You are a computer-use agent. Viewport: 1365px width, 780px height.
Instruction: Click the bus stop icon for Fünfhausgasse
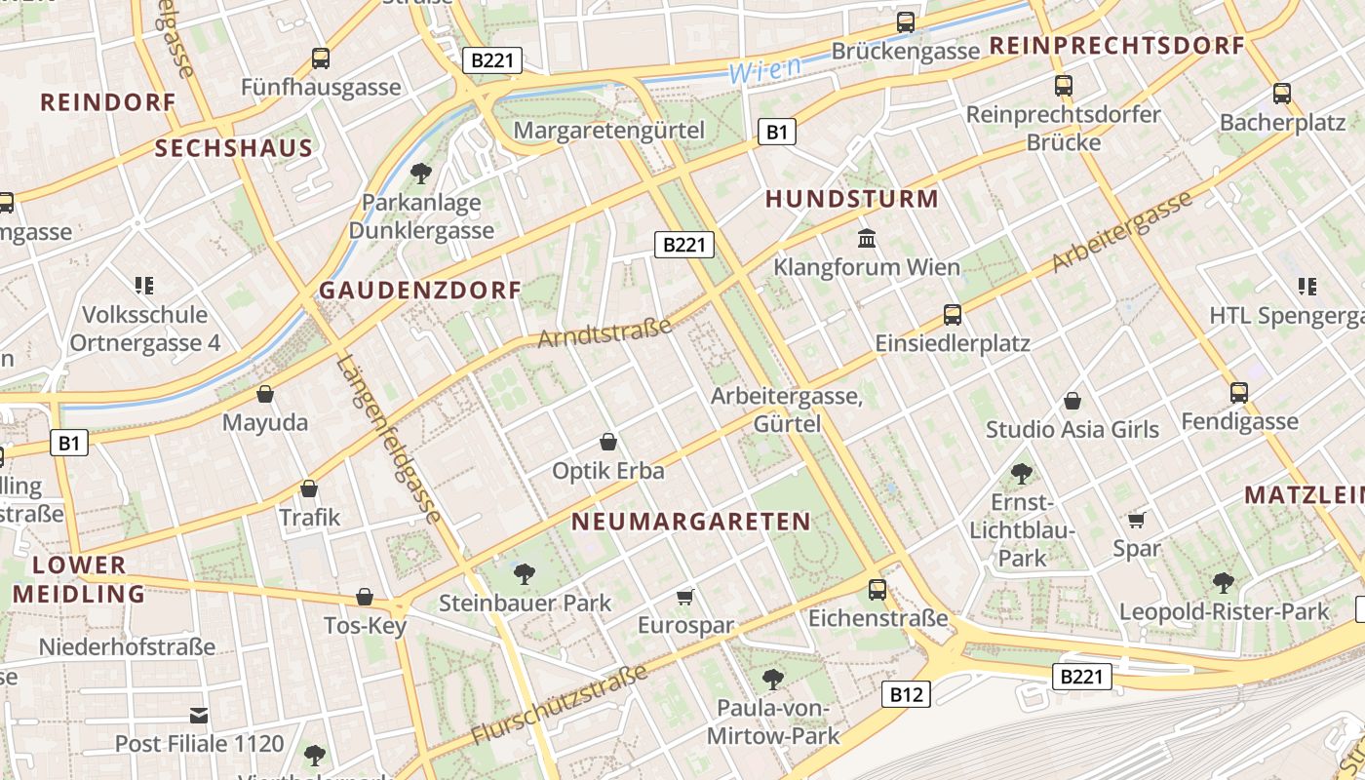(320, 58)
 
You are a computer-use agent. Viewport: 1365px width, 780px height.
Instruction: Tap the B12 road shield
(906, 694)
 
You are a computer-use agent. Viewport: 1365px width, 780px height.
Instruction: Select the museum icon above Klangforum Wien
(866, 238)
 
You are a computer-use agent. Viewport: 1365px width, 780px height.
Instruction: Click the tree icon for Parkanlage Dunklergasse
(421, 174)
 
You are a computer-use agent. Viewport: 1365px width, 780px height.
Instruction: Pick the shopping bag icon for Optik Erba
(608, 442)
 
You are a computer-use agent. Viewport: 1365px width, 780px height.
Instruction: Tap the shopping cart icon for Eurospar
(685, 596)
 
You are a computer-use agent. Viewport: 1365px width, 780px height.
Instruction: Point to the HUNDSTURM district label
(851, 199)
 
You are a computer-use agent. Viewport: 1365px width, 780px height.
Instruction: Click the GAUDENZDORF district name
(420, 290)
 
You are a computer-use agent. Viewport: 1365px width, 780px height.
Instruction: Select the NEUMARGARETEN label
(690, 521)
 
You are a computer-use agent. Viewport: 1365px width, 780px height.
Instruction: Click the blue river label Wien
(764, 68)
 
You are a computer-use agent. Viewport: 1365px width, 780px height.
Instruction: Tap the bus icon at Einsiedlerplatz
(953, 315)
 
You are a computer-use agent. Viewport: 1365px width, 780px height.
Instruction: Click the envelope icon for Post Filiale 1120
(199, 716)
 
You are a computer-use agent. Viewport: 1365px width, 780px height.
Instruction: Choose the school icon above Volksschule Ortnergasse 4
(144, 286)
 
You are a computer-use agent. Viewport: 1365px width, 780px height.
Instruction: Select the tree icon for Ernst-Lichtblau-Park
(1021, 474)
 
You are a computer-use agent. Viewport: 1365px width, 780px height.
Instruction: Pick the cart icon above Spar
(1136, 520)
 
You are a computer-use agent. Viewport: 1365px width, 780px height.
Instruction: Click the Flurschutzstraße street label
(560, 703)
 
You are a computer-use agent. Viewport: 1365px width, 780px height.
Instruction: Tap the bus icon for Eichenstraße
(877, 589)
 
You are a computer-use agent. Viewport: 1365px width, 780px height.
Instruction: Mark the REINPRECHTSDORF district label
(1116, 45)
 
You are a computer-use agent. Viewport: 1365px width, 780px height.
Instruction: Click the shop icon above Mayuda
(264, 394)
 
